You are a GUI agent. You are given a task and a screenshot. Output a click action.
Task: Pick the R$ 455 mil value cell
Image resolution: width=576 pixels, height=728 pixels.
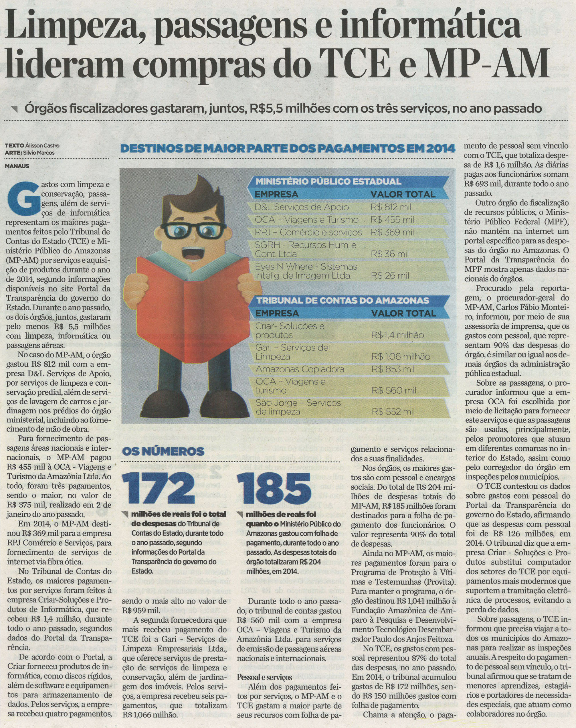tap(392, 220)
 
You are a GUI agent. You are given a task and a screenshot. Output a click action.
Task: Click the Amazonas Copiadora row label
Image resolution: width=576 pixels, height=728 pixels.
tap(300, 369)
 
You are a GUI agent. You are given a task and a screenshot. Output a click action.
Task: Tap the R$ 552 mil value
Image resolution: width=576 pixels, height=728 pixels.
tap(393, 412)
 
